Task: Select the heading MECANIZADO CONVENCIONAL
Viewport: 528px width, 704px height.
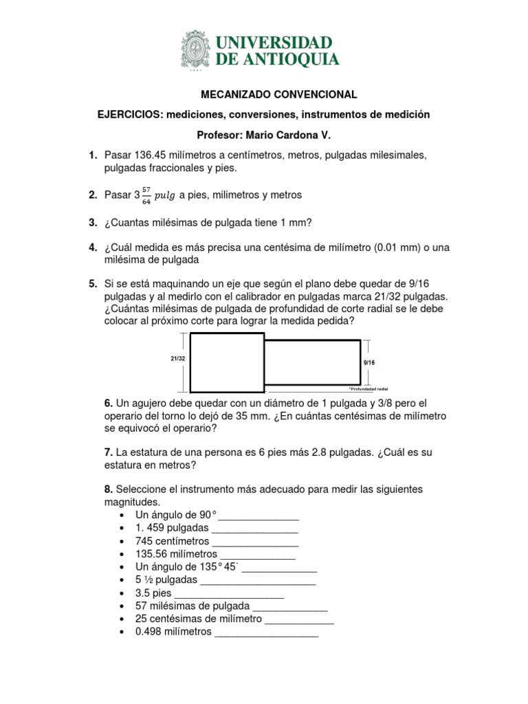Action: point(264,94)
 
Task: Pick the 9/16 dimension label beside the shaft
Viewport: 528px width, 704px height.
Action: point(368,360)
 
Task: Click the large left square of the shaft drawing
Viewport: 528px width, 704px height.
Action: point(226,361)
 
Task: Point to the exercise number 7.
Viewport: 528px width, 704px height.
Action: point(108,452)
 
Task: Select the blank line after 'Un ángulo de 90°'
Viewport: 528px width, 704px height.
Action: point(258,516)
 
